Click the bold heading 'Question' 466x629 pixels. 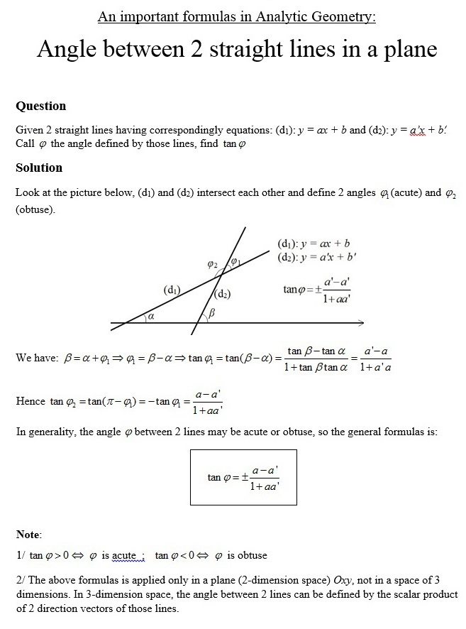point(40,106)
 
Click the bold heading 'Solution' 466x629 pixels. point(39,168)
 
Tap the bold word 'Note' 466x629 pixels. point(28,534)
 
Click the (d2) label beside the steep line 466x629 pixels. point(223,293)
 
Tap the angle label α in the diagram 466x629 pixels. point(150,317)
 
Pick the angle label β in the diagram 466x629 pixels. point(211,314)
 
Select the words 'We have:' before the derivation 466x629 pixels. point(36,359)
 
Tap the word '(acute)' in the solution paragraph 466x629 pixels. point(406,193)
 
